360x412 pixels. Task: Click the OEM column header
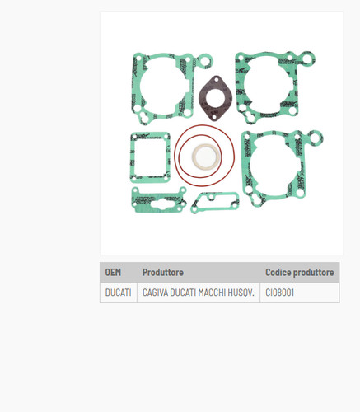point(113,272)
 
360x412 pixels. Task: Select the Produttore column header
point(163,272)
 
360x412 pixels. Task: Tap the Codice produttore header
point(300,272)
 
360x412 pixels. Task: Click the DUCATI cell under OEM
point(118,293)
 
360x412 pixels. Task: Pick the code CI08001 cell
point(279,293)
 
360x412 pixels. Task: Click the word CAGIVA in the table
point(155,293)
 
